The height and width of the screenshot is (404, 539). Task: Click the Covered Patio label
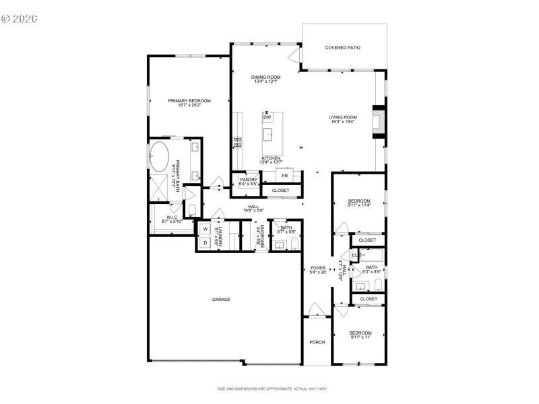pos(343,48)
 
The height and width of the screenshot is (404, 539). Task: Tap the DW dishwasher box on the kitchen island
pos(267,116)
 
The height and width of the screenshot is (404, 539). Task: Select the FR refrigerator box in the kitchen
pos(285,176)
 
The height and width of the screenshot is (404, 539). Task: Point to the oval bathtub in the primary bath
pos(160,156)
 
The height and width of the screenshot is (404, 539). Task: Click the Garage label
pos(221,299)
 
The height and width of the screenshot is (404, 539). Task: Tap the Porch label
pos(317,342)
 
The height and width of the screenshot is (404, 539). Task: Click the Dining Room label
pos(265,77)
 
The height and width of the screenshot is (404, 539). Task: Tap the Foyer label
pos(317,268)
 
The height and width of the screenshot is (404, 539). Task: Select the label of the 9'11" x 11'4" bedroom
pos(359,201)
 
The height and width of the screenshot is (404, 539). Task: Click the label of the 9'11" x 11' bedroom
pos(360,333)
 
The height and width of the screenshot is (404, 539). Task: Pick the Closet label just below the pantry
pos(280,191)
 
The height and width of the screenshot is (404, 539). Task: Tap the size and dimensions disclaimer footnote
pos(272,389)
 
